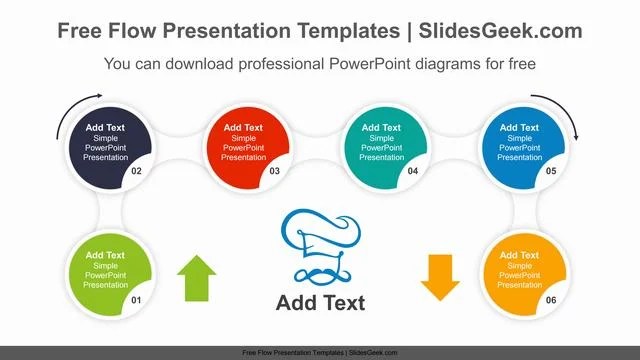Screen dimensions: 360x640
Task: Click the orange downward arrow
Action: point(440,277)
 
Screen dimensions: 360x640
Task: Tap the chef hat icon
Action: point(319,245)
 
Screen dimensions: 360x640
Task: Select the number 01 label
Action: point(137,301)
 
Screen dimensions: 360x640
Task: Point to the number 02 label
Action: point(136,171)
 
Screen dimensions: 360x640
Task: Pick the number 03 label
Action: point(274,171)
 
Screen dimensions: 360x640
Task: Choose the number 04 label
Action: point(412,171)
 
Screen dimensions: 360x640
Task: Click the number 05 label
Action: point(550,171)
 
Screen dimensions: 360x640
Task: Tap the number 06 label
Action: point(550,301)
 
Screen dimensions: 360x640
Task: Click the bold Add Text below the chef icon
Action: point(320,303)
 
